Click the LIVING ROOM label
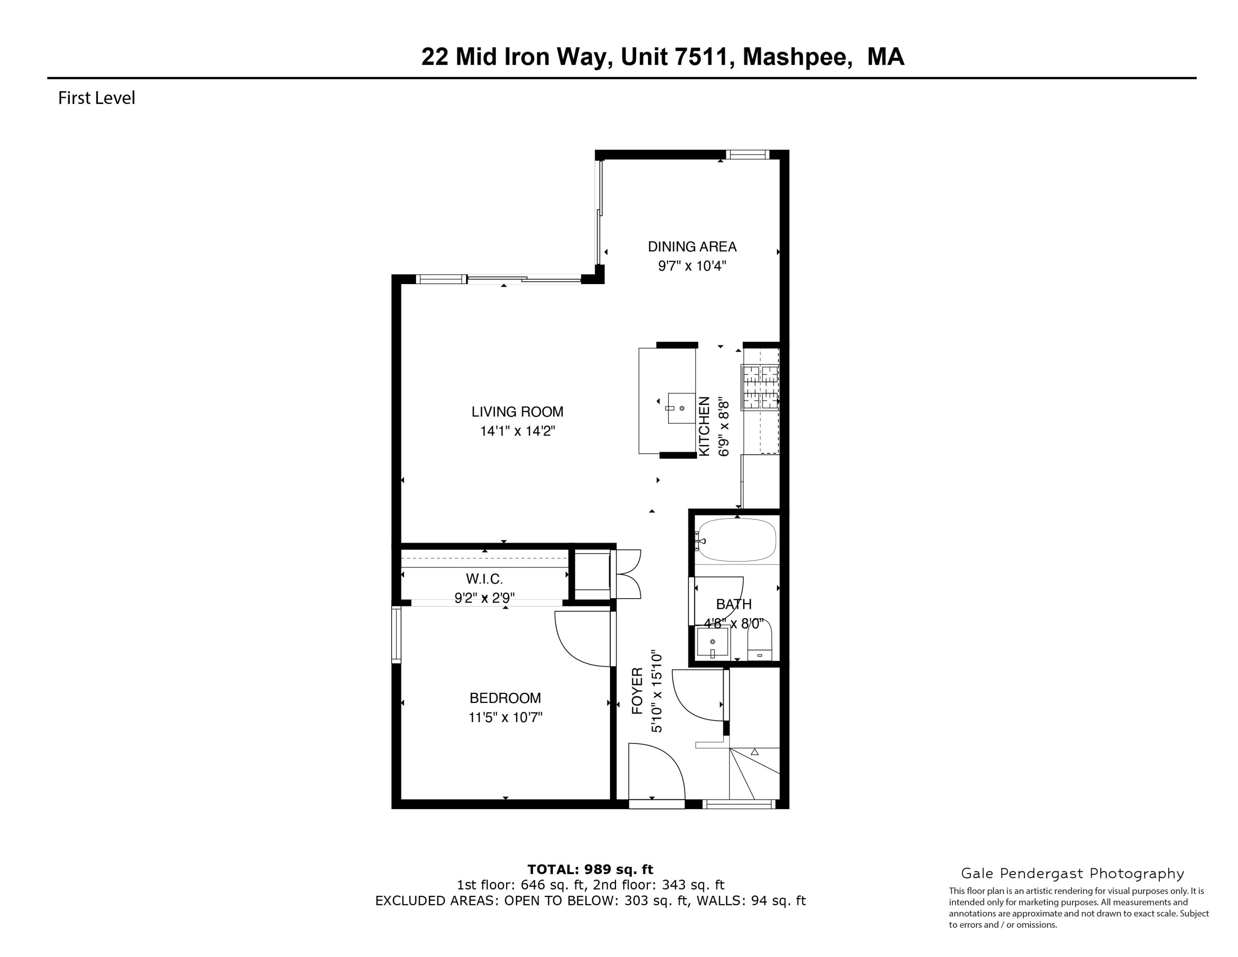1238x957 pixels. pos(517,412)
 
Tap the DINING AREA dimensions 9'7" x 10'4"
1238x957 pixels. pos(692,266)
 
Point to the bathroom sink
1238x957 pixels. pos(713,642)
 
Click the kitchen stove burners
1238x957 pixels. pos(760,387)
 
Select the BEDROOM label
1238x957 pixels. pos(505,698)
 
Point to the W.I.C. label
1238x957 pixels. pos(484,579)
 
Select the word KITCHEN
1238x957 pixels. pos(704,426)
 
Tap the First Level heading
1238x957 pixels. pos(97,98)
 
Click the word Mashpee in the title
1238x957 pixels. pos(796,57)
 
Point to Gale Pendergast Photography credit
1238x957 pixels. pos(1073,874)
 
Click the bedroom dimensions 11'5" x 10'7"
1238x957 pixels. pos(505,718)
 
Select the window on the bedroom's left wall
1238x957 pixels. pos(396,635)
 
